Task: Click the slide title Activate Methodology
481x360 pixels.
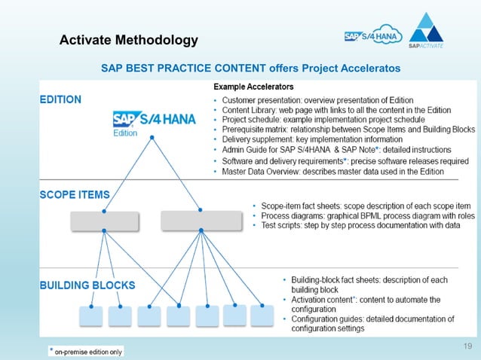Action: tap(129, 40)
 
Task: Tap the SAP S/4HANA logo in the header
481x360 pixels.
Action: tap(374, 36)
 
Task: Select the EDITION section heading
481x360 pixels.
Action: tap(61, 99)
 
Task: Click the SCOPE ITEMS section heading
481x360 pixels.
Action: tap(75, 194)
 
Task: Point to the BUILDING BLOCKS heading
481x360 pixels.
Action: tap(87, 285)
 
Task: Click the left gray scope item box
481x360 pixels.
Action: tap(105, 221)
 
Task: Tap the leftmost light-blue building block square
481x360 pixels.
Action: tap(91, 315)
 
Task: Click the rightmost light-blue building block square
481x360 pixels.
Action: tap(262, 315)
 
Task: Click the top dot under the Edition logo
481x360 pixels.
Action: tap(153, 137)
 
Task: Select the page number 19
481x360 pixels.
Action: tap(467, 346)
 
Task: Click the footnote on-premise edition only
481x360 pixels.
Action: tap(86, 351)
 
